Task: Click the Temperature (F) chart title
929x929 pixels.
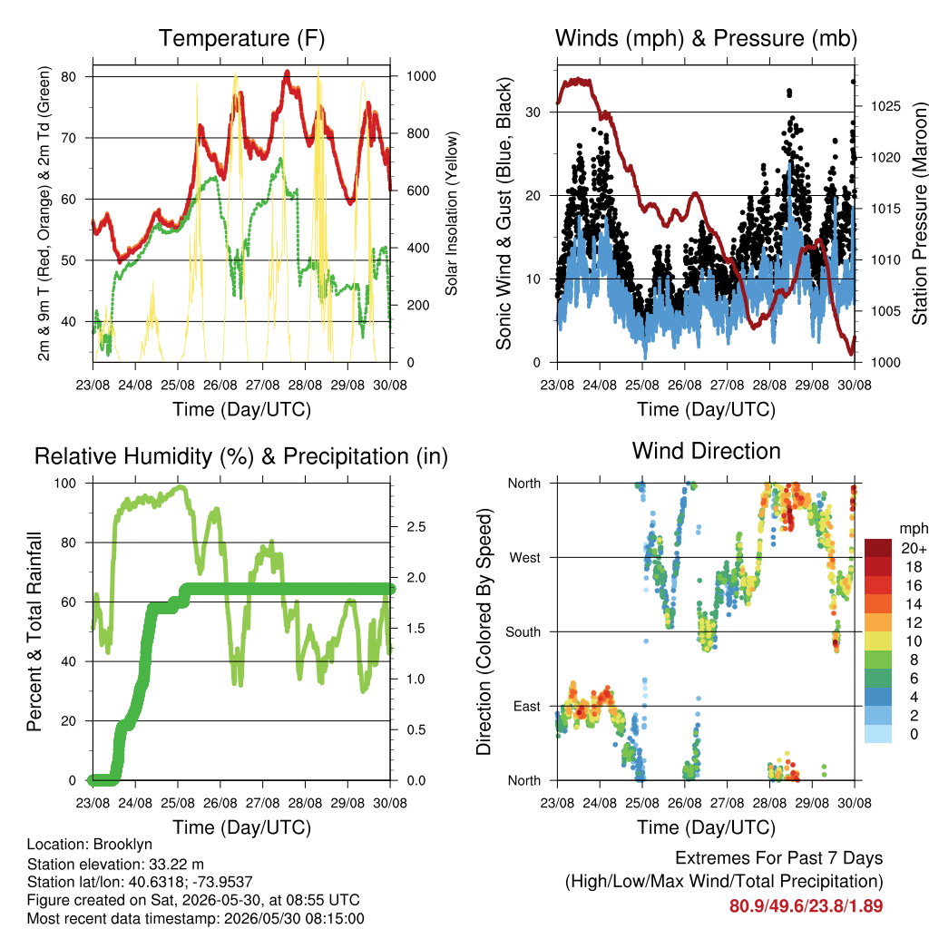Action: pyautogui.click(x=241, y=38)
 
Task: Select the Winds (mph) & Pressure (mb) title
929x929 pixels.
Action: pyautogui.click(x=706, y=38)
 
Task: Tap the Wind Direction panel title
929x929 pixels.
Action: pyautogui.click(x=706, y=451)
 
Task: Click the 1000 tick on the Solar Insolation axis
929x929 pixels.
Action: pyautogui.click(x=421, y=76)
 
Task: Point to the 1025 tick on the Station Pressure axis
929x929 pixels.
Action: pyautogui.click(x=885, y=107)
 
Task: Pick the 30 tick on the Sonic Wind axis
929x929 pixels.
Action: pyautogui.click(x=533, y=112)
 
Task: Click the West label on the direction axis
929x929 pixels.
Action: pyautogui.click(x=525, y=558)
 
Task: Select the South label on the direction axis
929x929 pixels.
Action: pyautogui.click(x=523, y=632)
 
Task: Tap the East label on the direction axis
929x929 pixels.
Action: pyautogui.click(x=527, y=706)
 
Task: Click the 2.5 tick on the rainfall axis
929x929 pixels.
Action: pyautogui.click(x=416, y=527)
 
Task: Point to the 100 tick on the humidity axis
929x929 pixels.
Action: pyautogui.click(x=65, y=484)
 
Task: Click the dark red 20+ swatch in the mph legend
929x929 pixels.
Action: pyautogui.click(x=878, y=548)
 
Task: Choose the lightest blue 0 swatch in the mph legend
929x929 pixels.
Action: pyautogui.click(x=878, y=734)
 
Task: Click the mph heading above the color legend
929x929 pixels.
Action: pyautogui.click(x=914, y=529)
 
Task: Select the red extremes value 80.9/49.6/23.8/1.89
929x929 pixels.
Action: pyautogui.click(x=806, y=906)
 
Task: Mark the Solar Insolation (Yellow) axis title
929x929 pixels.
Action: pyautogui.click(x=452, y=213)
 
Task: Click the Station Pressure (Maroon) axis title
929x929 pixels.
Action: pyautogui.click(x=919, y=213)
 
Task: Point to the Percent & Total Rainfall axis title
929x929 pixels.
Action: pyautogui.click(x=34, y=631)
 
